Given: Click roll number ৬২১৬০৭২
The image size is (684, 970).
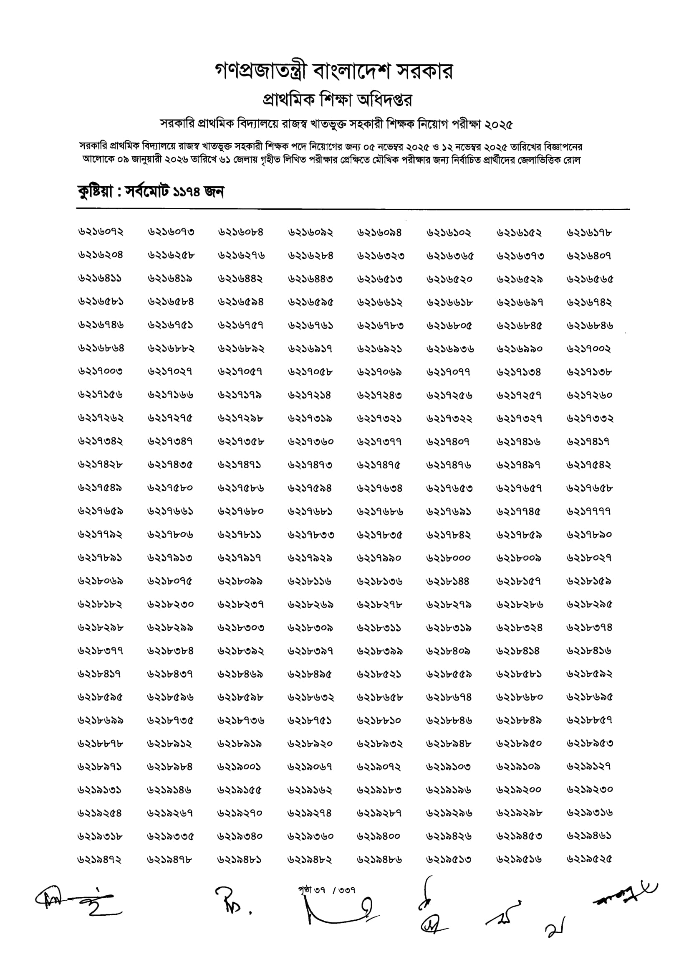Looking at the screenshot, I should [101, 232].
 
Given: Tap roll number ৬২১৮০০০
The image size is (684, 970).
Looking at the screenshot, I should [449, 558].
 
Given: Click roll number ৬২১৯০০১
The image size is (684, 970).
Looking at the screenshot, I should [239, 767].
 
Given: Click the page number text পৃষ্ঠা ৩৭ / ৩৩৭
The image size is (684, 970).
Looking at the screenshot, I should [327, 890].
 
